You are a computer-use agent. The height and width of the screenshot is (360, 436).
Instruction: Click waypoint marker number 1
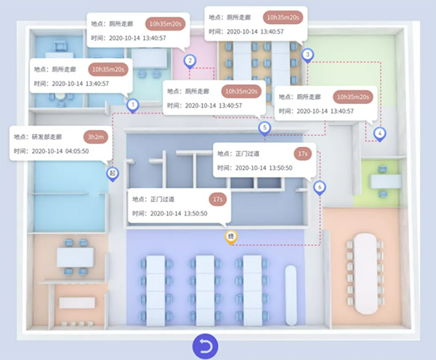132,105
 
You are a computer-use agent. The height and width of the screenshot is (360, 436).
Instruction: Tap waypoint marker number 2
189,60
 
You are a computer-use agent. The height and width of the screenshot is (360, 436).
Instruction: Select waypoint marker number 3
307,54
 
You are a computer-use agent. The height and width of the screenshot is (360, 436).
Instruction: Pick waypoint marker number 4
379,133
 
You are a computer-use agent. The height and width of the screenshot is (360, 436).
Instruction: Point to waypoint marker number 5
264,127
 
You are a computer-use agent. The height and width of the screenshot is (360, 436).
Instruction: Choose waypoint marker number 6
319,187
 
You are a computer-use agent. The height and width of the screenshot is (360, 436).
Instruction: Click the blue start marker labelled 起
112,173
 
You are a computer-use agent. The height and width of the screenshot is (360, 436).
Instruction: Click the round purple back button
206,346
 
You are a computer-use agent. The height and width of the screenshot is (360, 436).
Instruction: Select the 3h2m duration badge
95,136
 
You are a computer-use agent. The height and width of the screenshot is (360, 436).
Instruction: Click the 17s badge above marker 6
303,153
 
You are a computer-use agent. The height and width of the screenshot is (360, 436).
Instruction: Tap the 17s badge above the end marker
217,199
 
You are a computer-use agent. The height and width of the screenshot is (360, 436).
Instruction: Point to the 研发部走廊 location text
48,136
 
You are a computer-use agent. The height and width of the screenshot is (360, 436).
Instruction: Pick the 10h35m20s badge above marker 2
165,23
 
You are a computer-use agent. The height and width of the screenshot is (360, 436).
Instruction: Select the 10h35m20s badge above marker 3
280,17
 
